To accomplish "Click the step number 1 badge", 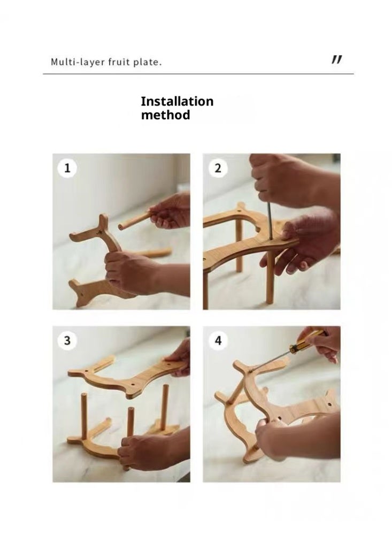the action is (67, 168).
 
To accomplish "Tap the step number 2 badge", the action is (218, 168).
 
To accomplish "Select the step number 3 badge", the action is (67, 340).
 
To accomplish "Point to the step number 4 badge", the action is (218, 340).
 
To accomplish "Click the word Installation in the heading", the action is (177, 101).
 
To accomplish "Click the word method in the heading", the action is (165, 115).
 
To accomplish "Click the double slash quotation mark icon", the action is (336, 60).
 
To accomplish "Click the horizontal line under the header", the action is (198, 74).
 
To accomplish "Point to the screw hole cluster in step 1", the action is (99, 232).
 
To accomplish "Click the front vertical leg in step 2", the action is (270, 277).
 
